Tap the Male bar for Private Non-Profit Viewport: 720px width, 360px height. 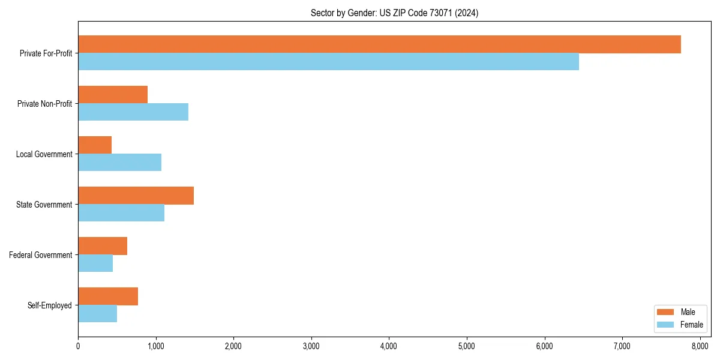113,95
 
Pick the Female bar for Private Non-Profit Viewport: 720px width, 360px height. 133,112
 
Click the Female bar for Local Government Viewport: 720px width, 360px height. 119,163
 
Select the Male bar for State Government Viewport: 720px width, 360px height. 136,196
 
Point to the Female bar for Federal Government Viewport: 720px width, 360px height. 95,263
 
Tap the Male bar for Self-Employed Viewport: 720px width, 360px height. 108,296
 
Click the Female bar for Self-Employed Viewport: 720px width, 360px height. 97,314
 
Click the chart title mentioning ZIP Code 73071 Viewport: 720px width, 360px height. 394,13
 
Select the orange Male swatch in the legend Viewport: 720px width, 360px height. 665,312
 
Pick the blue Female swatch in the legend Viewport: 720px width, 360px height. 665,325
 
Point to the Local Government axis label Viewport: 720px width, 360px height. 44,154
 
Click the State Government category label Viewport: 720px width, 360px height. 44,205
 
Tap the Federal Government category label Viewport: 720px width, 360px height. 40,255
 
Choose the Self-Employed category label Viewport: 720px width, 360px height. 49,305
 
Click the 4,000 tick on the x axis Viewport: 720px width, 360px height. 389,346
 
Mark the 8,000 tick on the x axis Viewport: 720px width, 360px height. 700,346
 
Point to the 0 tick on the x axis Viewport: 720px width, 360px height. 78,346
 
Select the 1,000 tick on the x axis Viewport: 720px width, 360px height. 155,346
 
